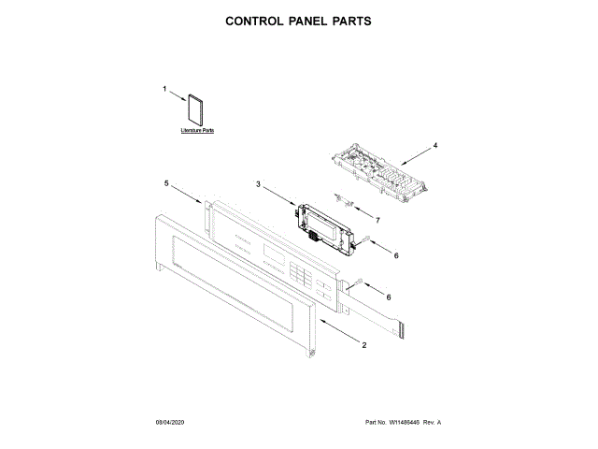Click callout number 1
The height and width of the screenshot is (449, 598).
pos(164,90)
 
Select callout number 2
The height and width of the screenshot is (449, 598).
pos(363,346)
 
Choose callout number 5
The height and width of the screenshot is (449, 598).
pos(166,184)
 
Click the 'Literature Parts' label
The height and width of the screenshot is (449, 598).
pos(197,131)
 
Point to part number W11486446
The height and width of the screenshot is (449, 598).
pos(406,424)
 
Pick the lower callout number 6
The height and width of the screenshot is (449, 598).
pos(390,297)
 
